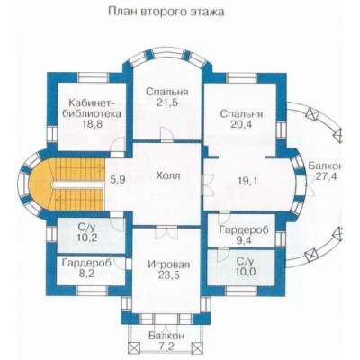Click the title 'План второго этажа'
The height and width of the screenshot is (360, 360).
point(166,12)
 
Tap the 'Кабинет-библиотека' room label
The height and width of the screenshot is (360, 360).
point(95,108)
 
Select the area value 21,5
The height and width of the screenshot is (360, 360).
point(167,103)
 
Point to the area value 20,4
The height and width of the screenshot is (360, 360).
point(241,124)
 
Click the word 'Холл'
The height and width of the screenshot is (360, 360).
point(168,175)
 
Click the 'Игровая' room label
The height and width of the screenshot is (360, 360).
point(169,265)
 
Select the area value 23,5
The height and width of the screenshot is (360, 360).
point(168,274)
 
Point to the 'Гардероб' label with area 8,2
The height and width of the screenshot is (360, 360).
point(87,263)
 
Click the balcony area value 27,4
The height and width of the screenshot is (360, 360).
point(326,176)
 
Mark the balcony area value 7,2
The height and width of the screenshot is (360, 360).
point(166,346)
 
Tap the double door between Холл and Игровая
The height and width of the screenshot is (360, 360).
point(166,231)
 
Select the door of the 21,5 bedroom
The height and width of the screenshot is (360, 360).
point(166,134)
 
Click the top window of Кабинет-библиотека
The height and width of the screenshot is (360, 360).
point(94,77)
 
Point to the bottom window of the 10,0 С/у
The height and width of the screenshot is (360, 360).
point(241,291)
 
